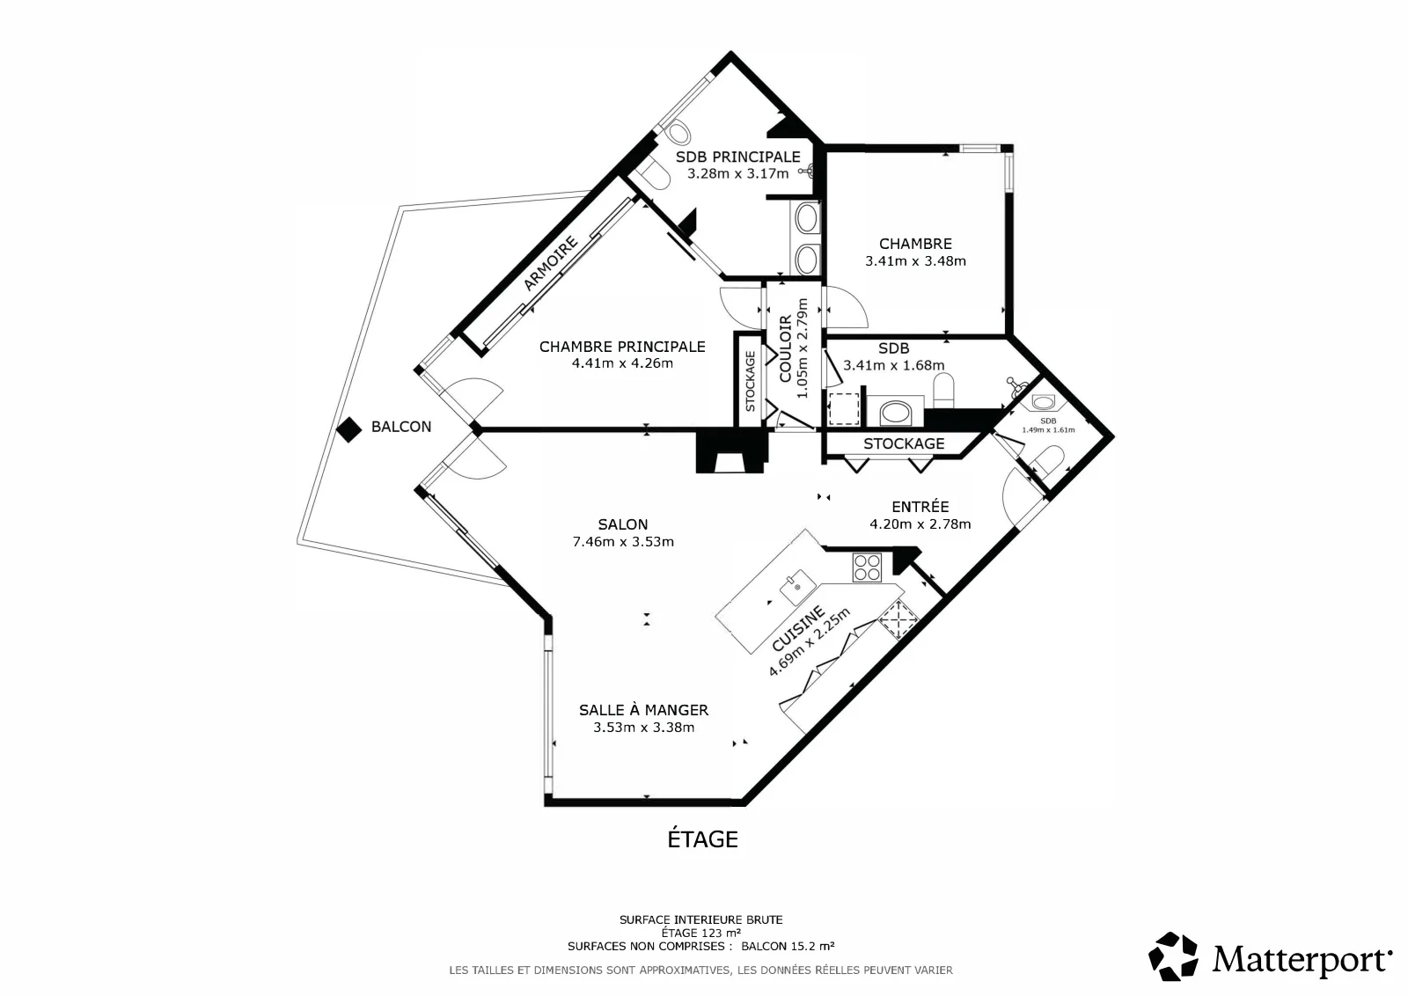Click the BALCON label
(401, 427)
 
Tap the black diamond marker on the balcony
(348, 430)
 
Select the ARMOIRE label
(550, 263)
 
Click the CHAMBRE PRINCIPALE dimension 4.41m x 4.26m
(622, 363)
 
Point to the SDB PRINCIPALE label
(738, 157)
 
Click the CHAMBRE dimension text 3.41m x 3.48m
(915, 260)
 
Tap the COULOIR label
(785, 348)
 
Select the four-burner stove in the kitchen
(867, 568)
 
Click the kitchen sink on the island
(797, 588)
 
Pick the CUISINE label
(797, 628)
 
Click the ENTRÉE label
(920, 507)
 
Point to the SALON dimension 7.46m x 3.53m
(623, 542)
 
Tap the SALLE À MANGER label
(643, 710)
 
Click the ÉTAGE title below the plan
(703, 839)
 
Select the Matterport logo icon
(1173, 956)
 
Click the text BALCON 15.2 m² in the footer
(788, 946)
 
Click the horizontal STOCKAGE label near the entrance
(904, 443)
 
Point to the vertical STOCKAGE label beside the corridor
(750, 382)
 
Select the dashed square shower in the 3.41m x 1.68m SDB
(844, 408)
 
